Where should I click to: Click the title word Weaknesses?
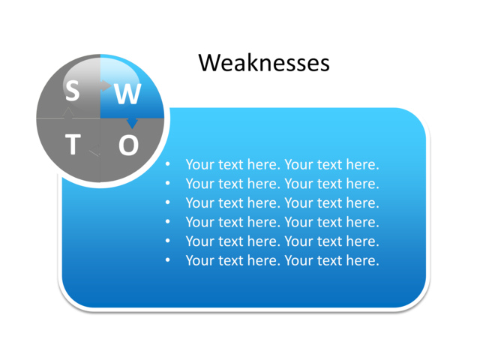pos(263,63)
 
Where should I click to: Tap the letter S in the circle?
pos(72,91)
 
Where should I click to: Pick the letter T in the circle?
pos(73,144)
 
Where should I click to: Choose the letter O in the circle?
pos(128,145)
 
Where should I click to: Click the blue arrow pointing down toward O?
pos(132,122)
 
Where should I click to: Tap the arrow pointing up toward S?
pos(69,112)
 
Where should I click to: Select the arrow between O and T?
pos(95,153)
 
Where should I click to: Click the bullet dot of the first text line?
pos(168,164)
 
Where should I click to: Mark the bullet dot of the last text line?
pos(168,260)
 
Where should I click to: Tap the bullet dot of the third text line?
pos(168,202)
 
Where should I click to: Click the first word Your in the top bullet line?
pos(199,164)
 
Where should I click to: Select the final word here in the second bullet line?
pos(363,184)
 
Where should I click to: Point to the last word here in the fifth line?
pos(363,241)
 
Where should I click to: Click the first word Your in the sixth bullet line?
pos(199,260)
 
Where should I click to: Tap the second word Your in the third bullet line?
pos(299,202)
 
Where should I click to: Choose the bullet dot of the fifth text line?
pos(168,241)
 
